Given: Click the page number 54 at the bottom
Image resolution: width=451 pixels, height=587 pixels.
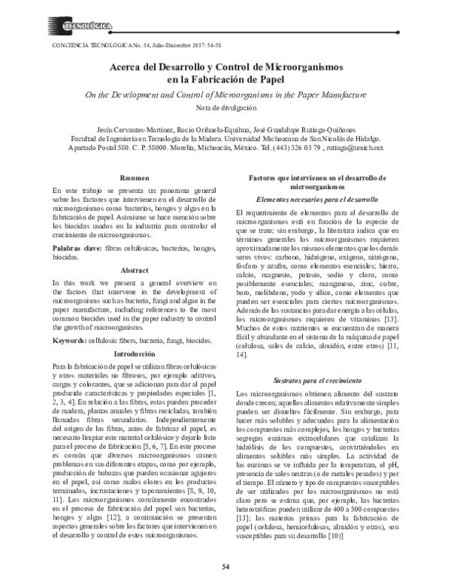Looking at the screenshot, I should point(225,566).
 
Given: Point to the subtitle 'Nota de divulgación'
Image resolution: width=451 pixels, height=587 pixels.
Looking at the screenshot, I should point(225,108).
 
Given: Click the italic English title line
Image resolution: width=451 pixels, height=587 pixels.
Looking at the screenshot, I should point(225,95).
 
